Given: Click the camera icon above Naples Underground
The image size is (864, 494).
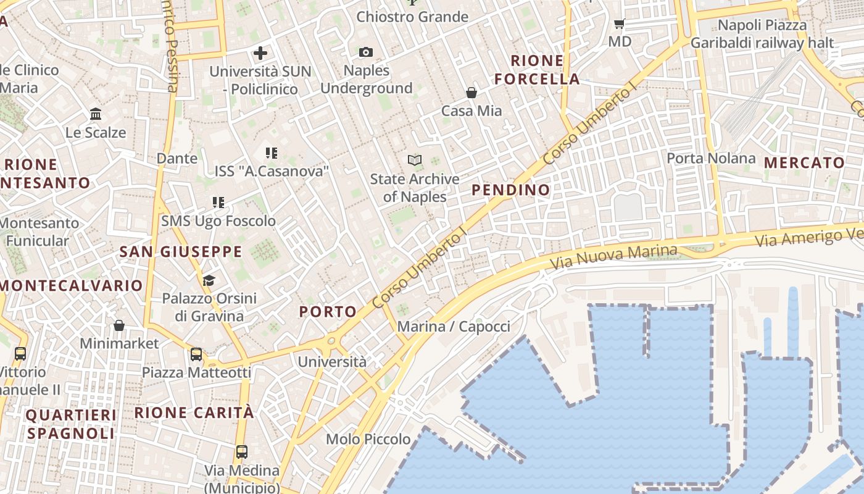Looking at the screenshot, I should (x=366, y=52).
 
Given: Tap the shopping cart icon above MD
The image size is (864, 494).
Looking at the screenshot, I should (x=620, y=24).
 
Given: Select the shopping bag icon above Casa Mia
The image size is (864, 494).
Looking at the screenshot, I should (x=471, y=93).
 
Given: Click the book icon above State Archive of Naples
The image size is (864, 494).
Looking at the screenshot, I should (x=415, y=161).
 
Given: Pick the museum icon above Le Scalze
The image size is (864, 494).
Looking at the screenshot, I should (x=96, y=114).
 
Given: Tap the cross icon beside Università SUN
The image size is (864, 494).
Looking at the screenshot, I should (x=260, y=53).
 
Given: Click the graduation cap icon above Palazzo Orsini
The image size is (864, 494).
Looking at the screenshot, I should (x=209, y=281).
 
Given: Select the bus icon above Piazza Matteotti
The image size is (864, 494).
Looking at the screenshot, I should (x=196, y=354).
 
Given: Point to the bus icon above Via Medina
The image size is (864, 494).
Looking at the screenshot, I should (x=242, y=452).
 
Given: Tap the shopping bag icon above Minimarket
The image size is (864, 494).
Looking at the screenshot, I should (x=119, y=325).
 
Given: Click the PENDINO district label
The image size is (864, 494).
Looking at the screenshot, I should (x=511, y=190).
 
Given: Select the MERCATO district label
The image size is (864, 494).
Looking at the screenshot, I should (x=805, y=163).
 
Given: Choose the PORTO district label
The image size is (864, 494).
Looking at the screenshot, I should (x=328, y=312).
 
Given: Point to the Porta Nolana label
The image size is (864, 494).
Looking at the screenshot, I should (x=711, y=158).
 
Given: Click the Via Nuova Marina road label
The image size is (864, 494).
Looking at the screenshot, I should (x=613, y=257).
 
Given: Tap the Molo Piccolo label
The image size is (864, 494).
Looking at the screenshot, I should (x=368, y=439).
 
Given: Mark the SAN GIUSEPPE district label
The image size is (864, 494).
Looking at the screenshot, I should (x=181, y=252).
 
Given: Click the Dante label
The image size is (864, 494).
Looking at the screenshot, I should (x=177, y=158).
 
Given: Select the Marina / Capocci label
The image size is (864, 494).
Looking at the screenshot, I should (x=454, y=327).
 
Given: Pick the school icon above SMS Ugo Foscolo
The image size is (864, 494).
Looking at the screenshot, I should (x=218, y=203).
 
